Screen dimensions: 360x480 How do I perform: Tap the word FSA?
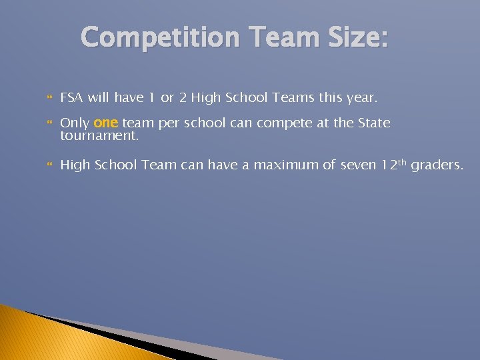[72, 98]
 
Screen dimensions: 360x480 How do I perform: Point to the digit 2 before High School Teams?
[182, 98]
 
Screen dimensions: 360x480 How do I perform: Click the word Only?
[75, 123]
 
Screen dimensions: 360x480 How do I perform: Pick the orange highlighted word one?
[106, 123]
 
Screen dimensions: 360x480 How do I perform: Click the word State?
[374, 123]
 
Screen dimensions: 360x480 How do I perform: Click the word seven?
[358, 165]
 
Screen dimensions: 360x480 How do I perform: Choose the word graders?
[437, 165]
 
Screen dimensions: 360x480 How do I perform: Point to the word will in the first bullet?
[98, 98]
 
